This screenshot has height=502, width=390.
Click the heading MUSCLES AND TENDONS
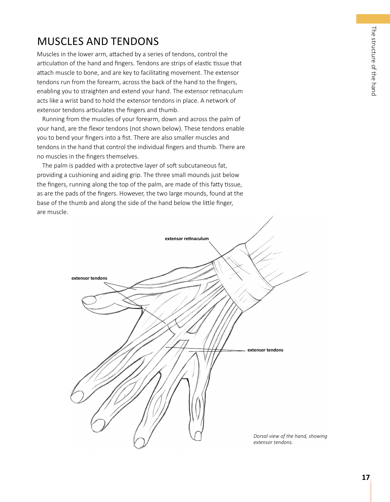[98, 41]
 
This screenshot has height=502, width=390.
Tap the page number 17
[365, 477]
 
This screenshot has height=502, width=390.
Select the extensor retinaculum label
[186, 239]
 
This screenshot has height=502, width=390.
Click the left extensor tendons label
[89, 278]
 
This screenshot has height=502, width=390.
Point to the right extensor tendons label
[265, 350]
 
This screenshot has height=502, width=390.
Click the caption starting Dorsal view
[290, 439]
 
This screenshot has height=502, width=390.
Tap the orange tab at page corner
[373, 19]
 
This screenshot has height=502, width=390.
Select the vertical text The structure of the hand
[373, 61]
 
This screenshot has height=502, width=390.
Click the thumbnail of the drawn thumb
[89, 300]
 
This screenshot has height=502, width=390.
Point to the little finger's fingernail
[198, 435]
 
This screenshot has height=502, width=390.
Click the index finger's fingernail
[77, 396]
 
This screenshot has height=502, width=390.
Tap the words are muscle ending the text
[52, 212]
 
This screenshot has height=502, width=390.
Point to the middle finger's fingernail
[98, 424]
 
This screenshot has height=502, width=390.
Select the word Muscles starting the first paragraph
[48, 54]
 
